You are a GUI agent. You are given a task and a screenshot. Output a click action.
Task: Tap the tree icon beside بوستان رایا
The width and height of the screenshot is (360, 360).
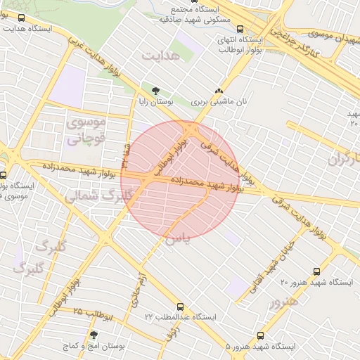coord(155,91)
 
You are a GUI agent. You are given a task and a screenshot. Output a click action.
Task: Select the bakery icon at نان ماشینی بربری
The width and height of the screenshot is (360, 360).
coord(219,91)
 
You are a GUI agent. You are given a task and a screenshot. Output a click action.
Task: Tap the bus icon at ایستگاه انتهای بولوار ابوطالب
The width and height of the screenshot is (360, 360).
coord(240,30)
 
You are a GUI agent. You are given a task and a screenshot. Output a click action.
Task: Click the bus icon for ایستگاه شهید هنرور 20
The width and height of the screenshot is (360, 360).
coord(316,271)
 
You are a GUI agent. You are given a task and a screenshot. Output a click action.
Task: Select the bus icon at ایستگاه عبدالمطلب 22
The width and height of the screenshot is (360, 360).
coord(180,307)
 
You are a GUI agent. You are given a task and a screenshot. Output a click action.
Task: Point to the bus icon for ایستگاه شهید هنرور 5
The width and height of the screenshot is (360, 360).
coord(261,335)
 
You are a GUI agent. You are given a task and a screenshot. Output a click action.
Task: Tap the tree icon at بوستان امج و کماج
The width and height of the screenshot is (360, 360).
coord(94,335)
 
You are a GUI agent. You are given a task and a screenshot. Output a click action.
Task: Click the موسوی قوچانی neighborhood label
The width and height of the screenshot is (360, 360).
coord(86,130)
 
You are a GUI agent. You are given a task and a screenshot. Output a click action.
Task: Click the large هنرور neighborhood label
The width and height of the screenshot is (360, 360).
coord(283,301)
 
